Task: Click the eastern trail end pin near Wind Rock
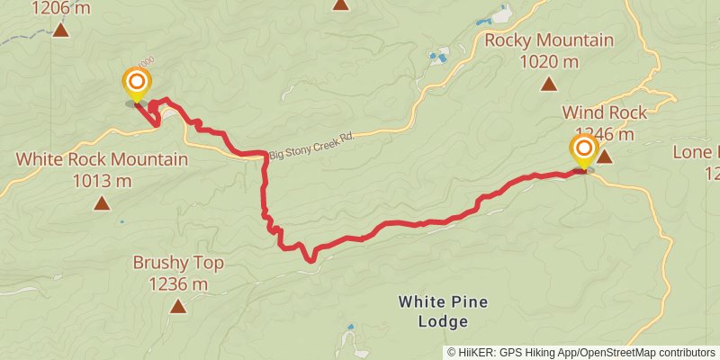pyautogui.click(x=583, y=149)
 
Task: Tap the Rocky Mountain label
pyautogui.click(x=548, y=40)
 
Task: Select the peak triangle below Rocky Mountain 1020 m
pyautogui.click(x=548, y=85)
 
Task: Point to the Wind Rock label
pyautogui.click(x=604, y=112)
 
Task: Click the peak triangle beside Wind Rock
pyautogui.click(x=605, y=157)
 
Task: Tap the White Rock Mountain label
pyautogui.click(x=102, y=159)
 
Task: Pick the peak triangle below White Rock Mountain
pyautogui.click(x=102, y=202)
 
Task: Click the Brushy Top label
pyautogui.click(x=178, y=263)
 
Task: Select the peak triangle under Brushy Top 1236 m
pyautogui.click(x=178, y=307)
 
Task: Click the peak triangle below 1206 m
pyautogui.click(x=60, y=30)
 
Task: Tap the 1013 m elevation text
pyautogui.click(x=102, y=180)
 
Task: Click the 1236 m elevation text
pyautogui.click(x=178, y=284)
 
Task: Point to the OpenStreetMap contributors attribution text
pyautogui.click(x=647, y=353)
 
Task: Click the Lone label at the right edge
pyautogui.click(x=697, y=152)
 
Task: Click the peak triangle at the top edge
pyautogui.click(x=340, y=4)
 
